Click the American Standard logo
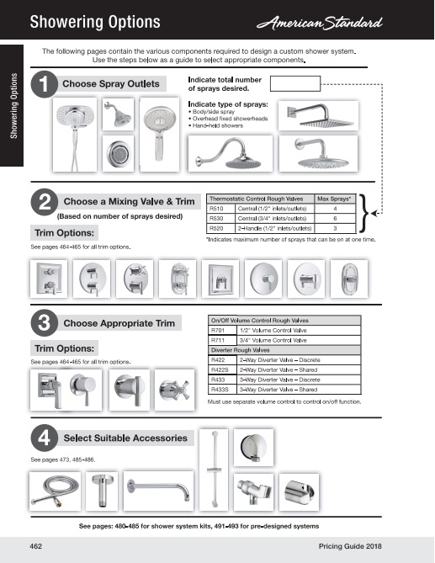click(x=320, y=23)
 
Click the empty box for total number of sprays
click(x=295, y=83)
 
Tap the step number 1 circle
click(x=44, y=84)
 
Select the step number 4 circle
click(x=44, y=438)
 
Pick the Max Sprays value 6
click(x=335, y=218)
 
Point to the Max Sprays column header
click(x=334, y=199)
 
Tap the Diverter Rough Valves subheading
click(x=241, y=350)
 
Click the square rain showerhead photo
click(x=318, y=115)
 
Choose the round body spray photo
click(x=118, y=153)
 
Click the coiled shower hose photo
click(x=55, y=491)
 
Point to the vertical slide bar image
click(x=214, y=470)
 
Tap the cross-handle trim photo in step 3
click(x=175, y=390)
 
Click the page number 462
click(x=36, y=546)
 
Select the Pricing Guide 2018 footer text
click(x=350, y=546)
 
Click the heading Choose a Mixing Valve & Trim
click(x=130, y=201)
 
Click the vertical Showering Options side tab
click(x=13, y=105)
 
